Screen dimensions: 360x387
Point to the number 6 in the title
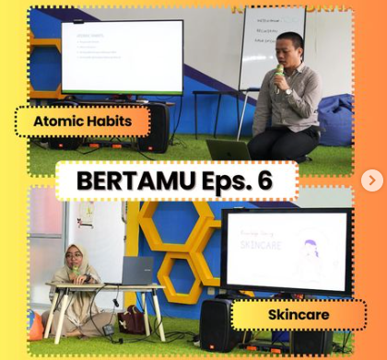(x=264, y=180)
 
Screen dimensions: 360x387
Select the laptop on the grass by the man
(x=228, y=149)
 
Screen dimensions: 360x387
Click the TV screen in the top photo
(x=122, y=56)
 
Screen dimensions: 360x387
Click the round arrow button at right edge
(x=372, y=180)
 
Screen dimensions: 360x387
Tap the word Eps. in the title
(x=216, y=180)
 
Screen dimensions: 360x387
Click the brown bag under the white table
(x=132, y=319)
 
